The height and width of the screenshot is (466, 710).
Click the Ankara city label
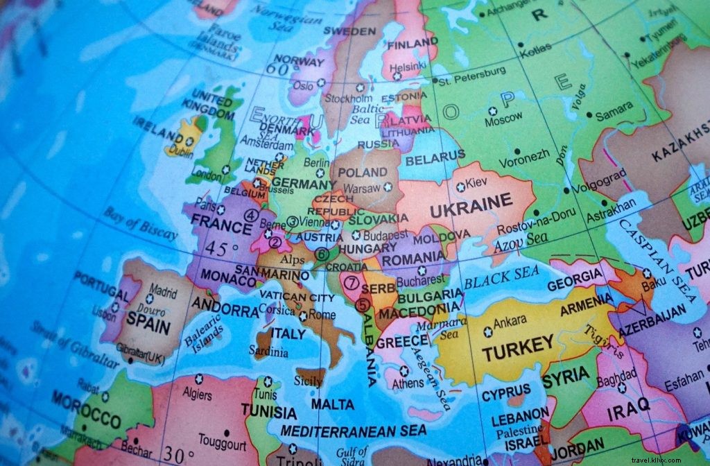[510, 321]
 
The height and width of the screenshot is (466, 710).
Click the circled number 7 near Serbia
[352, 283]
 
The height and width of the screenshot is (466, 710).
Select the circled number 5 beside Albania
[363, 304]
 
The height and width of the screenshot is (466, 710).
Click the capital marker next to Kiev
[460, 187]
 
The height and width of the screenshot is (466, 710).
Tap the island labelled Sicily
[309, 381]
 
